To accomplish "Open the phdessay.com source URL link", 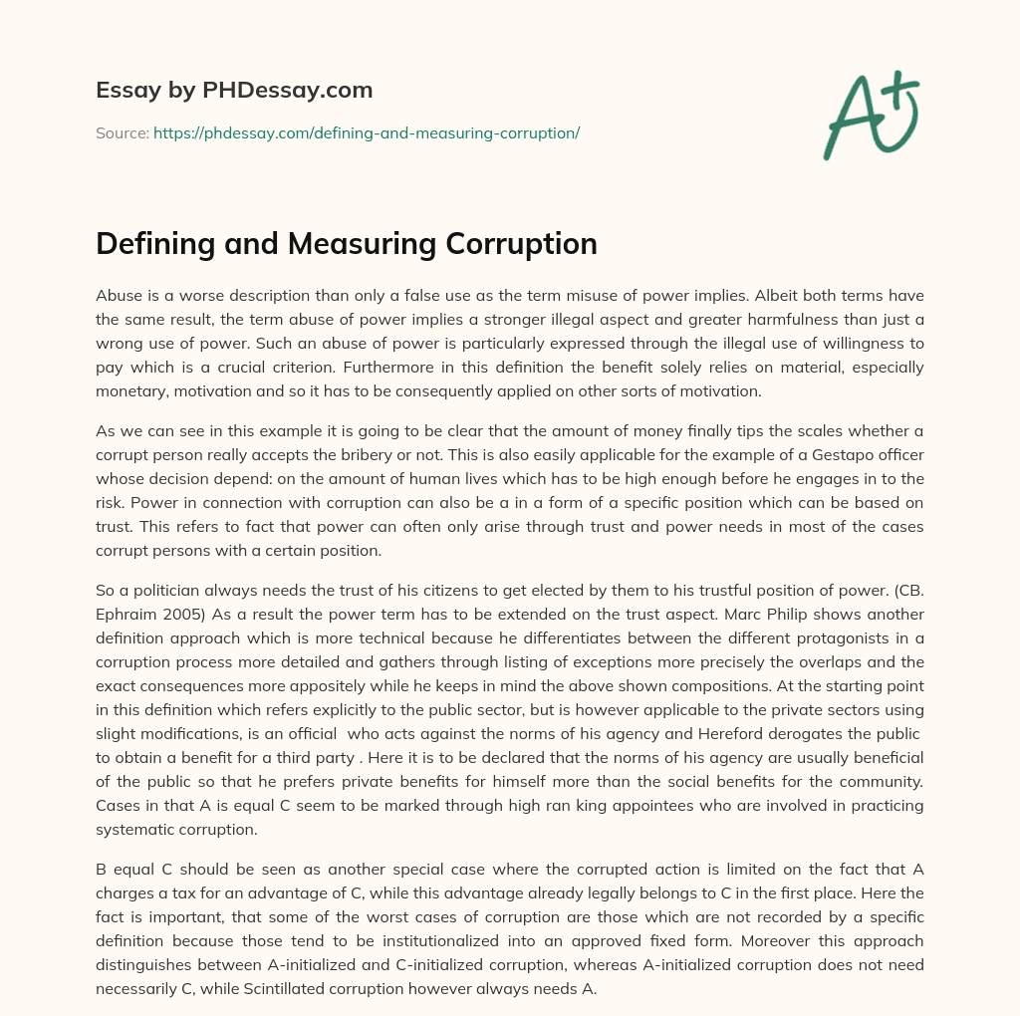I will click(367, 132).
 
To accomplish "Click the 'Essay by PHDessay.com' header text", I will click(234, 91).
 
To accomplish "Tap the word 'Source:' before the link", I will click(122, 132).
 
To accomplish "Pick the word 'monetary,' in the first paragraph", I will click(132, 391).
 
